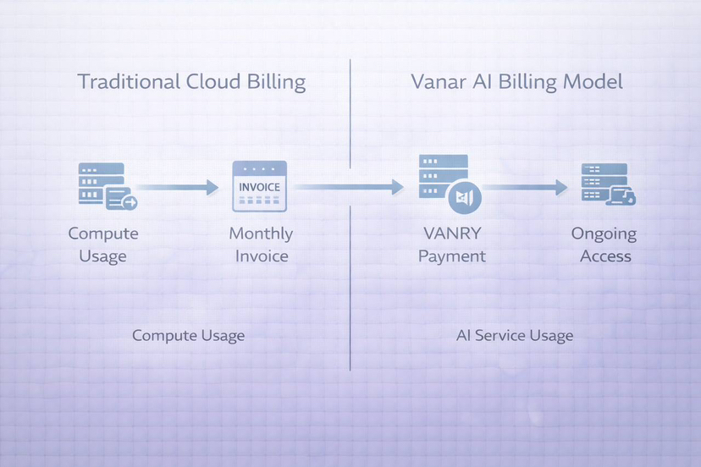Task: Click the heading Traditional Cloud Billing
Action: pos(191,82)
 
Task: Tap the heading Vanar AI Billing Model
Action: pos(516,82)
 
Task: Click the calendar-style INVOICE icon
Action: pos(259,187)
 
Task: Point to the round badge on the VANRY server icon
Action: pos(464,197)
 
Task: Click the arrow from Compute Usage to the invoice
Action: pos(179,187)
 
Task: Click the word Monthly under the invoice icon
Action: pos(261,233)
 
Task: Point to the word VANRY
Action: pos(451,233)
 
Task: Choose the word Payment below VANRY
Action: pos(452,255)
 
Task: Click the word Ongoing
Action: pos(604,233)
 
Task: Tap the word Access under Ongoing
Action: pos(605,255)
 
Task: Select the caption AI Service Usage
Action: pos(515,336)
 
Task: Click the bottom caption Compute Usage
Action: pos(188,336)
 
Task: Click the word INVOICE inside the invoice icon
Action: pos(259,186)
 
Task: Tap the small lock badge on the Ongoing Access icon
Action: pos(627,197)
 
